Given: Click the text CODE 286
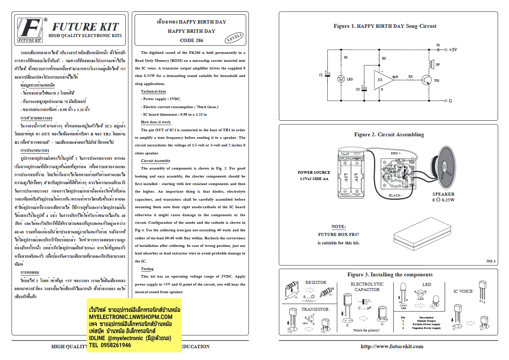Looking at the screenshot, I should [191, 40].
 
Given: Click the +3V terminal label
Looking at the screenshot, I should [452, 50].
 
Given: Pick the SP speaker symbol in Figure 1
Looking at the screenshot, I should [430, 65].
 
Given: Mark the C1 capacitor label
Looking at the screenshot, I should [321, 75].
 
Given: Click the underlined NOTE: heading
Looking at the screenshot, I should [338, 226].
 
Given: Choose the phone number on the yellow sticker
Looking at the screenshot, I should [110, 345].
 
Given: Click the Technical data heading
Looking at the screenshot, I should [153, 91].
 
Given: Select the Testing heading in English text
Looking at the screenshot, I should [147, 269].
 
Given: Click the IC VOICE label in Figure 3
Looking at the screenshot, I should [463, 291].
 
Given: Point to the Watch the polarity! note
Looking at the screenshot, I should [366, 330].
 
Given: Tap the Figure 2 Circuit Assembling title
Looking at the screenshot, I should [389, 135].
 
